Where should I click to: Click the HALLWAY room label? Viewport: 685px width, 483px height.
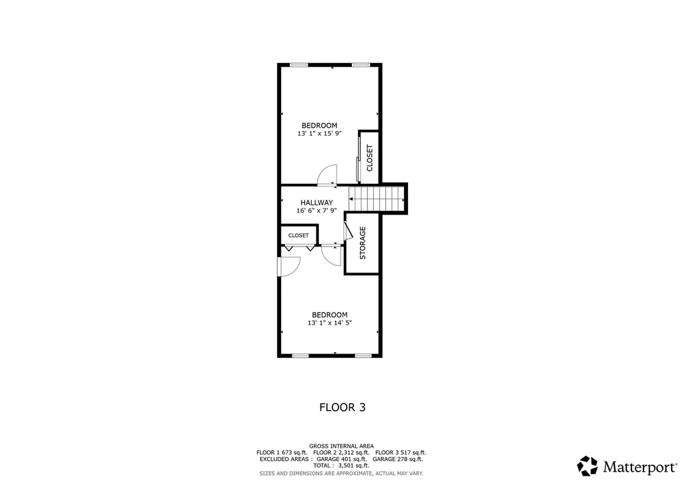pyautogui.click(x=316, y=202)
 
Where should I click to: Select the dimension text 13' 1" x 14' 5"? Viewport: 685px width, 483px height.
pyautogui.click(x=330, y=323)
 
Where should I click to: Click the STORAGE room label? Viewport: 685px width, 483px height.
pyautogui.click(x=363, y=244)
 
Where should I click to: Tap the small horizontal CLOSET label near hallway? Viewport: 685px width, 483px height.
pyautogui.click(x=298, y=236)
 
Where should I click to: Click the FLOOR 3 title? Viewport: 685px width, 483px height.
pyautogui.click(x=342, y=407)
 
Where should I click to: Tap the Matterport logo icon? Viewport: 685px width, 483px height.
pyautogui.click(x=587, y=466)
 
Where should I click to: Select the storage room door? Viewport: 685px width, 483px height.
pyautogui.click(x=347, y=230)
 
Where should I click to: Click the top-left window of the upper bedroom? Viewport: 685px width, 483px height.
pyautogui.click(x=298, y=65)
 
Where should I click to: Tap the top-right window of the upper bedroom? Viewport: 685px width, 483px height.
pyautogui.click(x=361, y=65)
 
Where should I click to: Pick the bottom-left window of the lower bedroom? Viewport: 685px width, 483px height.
pyautogui.click(x=300, y=355)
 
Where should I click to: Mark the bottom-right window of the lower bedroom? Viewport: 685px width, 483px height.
pyautogui.click(x=363, y=355)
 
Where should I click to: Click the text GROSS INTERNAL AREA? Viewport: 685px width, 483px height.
pyautogui.click(x=341, y=446)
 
